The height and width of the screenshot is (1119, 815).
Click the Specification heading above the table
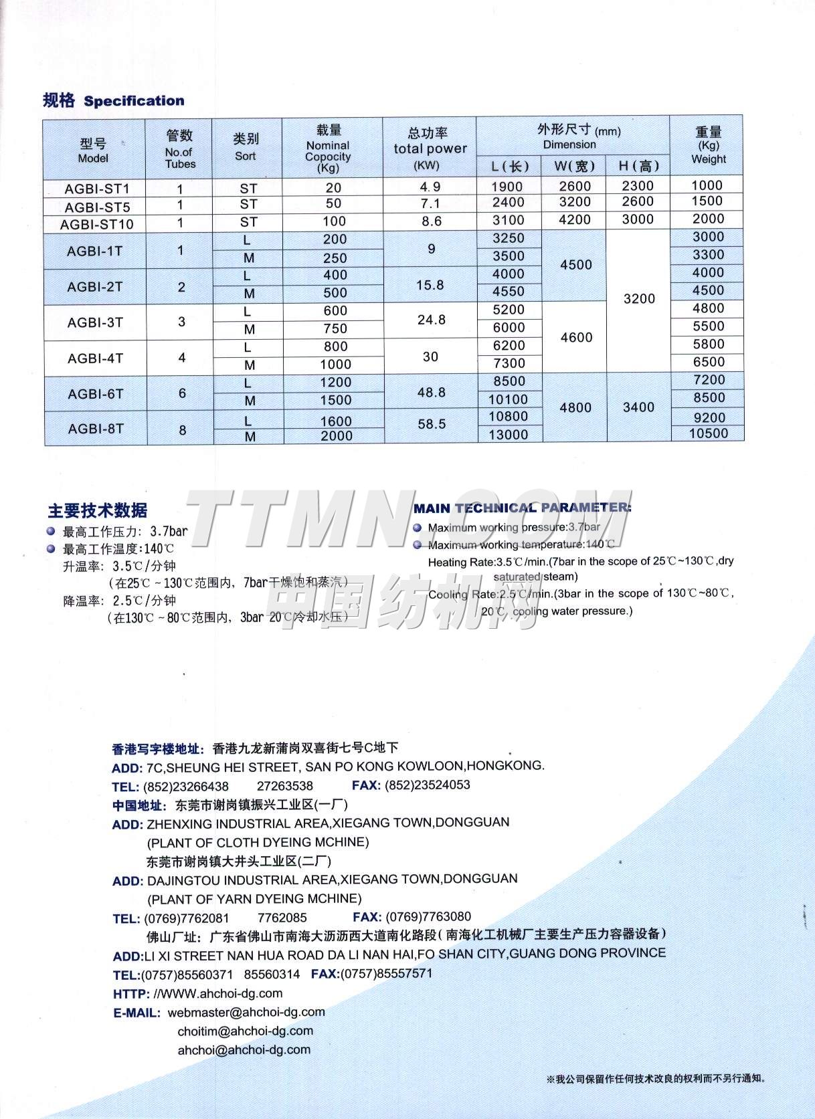(134, 101)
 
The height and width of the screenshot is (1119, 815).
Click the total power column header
(430, 148)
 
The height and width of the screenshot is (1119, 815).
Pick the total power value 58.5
(432, 424)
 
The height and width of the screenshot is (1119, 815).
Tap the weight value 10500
(709, 433)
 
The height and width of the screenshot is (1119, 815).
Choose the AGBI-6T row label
(96, 394)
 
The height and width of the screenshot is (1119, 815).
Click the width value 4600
(576, 338)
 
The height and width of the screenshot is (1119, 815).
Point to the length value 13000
(509, 435)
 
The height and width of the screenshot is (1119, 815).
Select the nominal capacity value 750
(335, 328)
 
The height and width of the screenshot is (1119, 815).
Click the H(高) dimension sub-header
(638, 166)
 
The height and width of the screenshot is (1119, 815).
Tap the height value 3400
(638, 407)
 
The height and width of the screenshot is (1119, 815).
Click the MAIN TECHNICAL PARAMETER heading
(522, 508)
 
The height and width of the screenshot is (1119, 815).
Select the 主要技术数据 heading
(98, 511)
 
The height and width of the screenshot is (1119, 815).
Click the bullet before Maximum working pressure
(418, 528)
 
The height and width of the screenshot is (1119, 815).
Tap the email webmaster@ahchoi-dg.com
(246, 1012)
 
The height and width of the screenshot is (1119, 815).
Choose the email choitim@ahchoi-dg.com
(245, 1031)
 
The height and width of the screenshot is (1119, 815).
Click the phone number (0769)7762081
(187, 918)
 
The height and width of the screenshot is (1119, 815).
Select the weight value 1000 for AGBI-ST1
(707, 185)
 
